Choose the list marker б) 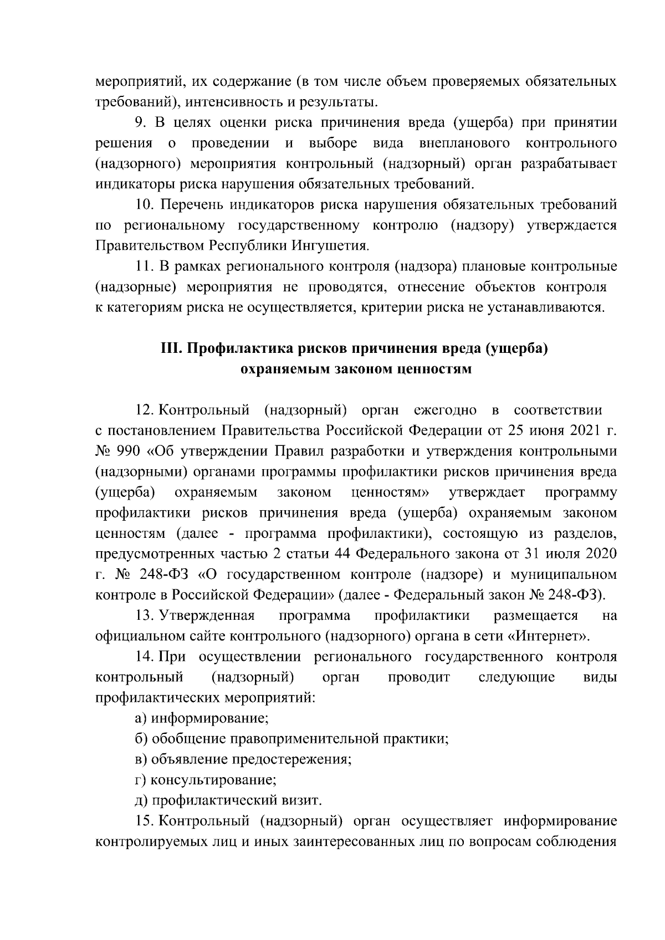point(141,739)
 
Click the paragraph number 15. point(145,820)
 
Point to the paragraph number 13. point(145,615)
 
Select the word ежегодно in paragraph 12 point(445,410)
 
